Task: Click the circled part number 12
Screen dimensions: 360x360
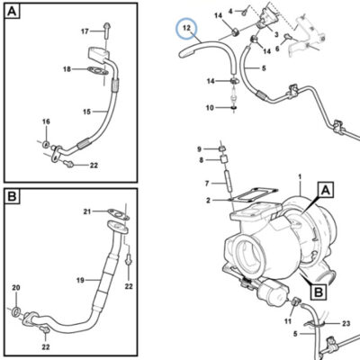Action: pyautogui.click(x=186, y=28)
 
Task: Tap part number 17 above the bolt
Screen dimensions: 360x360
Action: pyautogui.click(x=85, y=31)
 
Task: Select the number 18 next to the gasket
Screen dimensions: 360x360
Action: pyautogui.click(x=67, y=69)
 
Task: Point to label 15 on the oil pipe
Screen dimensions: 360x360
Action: pyautogui.click(x=86, y=112)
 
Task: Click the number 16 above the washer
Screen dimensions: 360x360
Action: pyautogui.click(x=46, y=121)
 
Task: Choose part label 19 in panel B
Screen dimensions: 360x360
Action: pyautogui.click(x=80, y=281)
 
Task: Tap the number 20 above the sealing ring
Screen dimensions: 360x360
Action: pyautogui.click(x=16, y=288)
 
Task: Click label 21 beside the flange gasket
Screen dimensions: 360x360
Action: pyautogui.click(x=87, y=211)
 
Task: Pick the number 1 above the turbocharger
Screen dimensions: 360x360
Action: pyautogui.click(x=300, y=177)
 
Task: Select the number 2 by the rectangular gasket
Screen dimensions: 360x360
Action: pyautogui.click(x=208, y=201)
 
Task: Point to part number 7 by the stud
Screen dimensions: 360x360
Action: pyautogui.click(x=207, y=183)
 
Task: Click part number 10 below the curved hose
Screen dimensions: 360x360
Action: pyautogui.click(x=209, y=108)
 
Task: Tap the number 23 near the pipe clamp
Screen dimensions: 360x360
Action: pyautogui.click(x=346, y=323)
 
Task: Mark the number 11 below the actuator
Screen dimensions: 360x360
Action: pyautogui.click(x=288, y=321)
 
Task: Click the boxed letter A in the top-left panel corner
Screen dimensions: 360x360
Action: pyautogui.click(x=12, y=12)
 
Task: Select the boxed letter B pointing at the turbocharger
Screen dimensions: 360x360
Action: pyautogui.click(x=319, y=292)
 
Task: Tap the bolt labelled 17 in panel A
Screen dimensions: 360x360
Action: pyautogui.click(x=106, y=30)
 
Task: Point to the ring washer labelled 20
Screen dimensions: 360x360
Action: pyautogui.click(x=16, y=311)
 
